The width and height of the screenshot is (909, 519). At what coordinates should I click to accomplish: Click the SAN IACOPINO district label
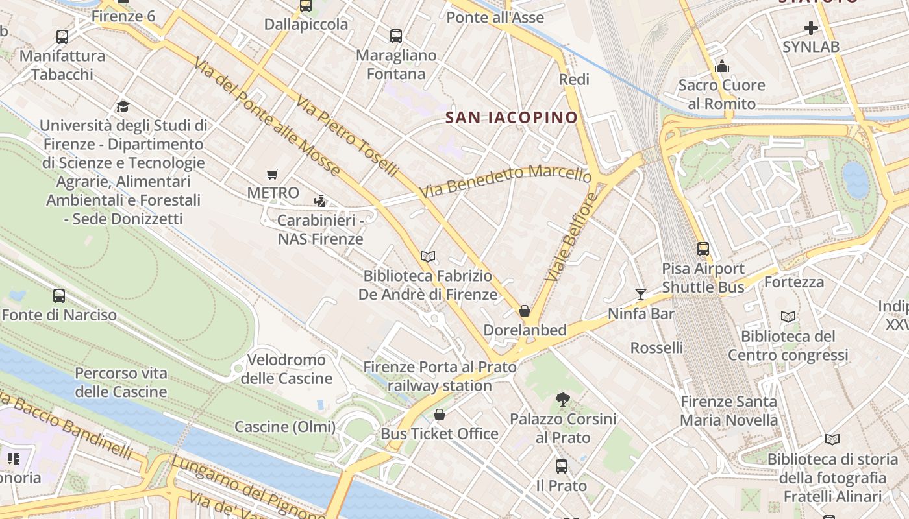point(512,117)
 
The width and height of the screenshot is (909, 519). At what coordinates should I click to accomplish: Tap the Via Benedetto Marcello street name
point(506,182)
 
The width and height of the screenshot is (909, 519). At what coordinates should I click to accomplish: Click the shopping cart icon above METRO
point(273,174)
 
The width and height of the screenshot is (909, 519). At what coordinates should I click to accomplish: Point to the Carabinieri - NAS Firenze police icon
point(319,200)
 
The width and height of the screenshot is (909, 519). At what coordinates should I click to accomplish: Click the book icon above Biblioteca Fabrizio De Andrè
point(427,256)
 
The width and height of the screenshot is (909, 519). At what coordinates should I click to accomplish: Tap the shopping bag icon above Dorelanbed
point(525,311)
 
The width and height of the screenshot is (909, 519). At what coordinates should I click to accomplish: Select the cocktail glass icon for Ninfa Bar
point(641,295)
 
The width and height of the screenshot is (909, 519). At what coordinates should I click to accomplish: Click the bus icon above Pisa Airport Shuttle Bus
point(703,248)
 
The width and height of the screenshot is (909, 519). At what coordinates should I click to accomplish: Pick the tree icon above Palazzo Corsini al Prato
point(562,400)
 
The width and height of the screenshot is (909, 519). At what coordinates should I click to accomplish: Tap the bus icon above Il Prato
point(561,466)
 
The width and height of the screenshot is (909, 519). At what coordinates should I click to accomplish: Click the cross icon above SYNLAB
point(810,28)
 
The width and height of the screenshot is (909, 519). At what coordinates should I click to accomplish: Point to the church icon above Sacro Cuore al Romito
point(721,66)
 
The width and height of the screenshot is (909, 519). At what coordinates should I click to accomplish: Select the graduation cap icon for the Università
point(123,106)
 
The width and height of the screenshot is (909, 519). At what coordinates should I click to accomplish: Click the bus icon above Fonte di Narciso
point(59,296)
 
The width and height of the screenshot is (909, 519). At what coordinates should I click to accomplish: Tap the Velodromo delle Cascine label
point(286,369)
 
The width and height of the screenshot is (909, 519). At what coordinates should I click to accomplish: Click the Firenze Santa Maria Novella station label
point(728,411)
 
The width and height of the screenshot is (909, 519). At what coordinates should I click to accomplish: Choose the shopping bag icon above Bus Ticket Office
point(440,414)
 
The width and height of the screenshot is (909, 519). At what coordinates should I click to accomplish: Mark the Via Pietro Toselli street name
point(347,137)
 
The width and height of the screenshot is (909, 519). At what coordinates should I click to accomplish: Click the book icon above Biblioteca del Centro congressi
point(788,317)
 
